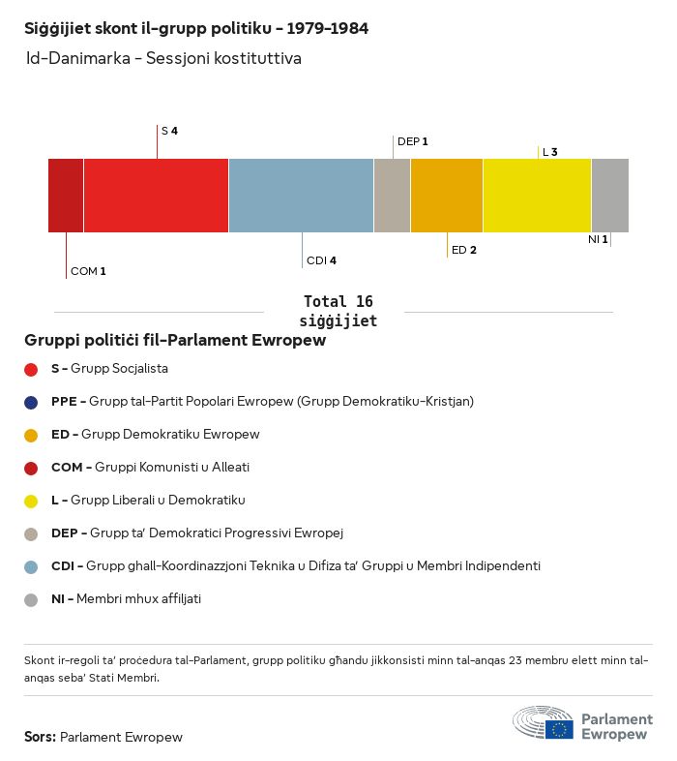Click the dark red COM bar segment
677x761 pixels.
[66, 196]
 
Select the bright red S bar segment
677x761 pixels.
[156, 196]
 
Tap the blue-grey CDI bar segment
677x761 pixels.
[301, 196]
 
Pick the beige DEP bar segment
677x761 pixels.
[392, 196]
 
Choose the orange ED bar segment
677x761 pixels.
[447, 196]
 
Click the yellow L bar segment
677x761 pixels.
[537, 196]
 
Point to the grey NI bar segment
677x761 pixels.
[609, 196]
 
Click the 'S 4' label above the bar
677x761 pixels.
[169, 131]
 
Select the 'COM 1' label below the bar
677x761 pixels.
[88, 271]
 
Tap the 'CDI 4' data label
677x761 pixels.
[321, 260]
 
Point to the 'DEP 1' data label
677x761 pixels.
[412, 141]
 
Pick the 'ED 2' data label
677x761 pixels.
[464, 250]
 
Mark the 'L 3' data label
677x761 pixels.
[549, 152]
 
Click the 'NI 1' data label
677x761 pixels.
[598, 239]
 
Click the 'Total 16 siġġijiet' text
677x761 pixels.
[338, 311]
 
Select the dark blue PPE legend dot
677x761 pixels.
[31, 402]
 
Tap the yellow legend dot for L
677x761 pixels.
[31, 501]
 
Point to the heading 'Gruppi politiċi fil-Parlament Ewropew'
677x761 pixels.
[175, 341]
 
